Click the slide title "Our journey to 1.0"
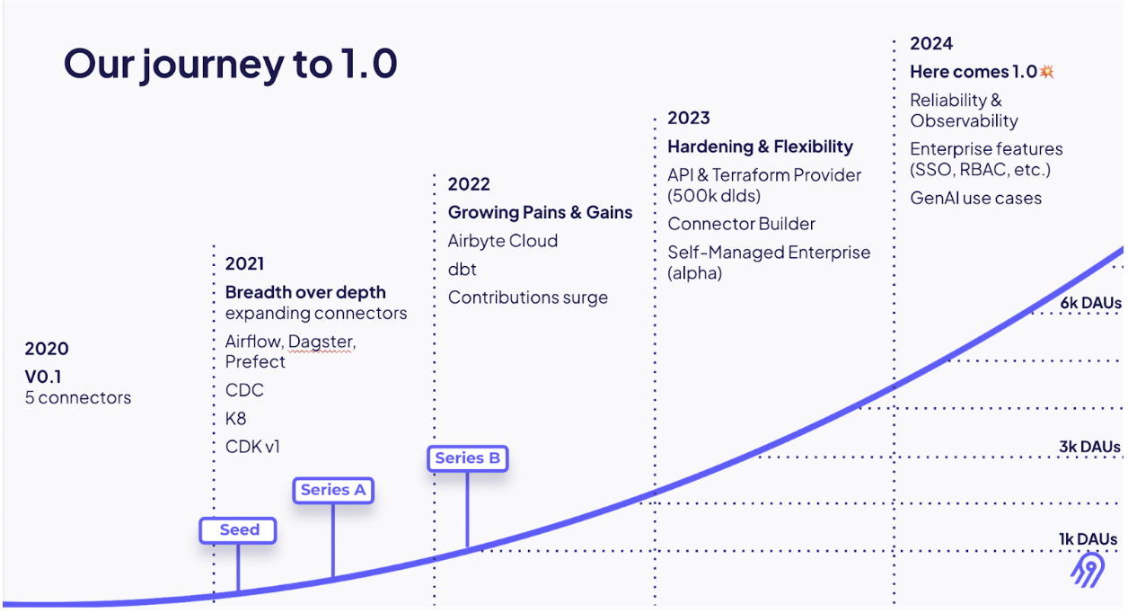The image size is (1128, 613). pos(230,65)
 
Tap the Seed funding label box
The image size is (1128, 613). pos(238,530)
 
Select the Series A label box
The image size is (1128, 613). pos(333,490)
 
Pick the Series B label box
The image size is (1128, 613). pos(467,458)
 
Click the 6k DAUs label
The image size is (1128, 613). pos(1089,304)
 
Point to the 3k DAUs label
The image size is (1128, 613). pos(1088,447)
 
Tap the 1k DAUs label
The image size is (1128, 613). pos(1088,539)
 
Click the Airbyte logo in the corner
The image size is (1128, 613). pos(1088,571)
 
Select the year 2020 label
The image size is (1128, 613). pos(47,349)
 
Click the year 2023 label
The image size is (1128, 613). pos(689,118)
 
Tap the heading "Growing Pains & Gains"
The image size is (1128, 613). pos(540,213)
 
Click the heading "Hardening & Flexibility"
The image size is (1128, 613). pos(760,147)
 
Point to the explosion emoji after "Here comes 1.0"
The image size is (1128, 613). pos(1046,72)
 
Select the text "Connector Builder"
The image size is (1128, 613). pos(741,224)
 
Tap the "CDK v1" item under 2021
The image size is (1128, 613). pos(252,447)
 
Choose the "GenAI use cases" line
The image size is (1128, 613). pos(975,198)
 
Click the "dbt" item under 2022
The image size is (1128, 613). pos(463,270)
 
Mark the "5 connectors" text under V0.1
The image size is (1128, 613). pos(78,397)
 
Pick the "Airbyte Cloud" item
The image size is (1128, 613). pos(503,241)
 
